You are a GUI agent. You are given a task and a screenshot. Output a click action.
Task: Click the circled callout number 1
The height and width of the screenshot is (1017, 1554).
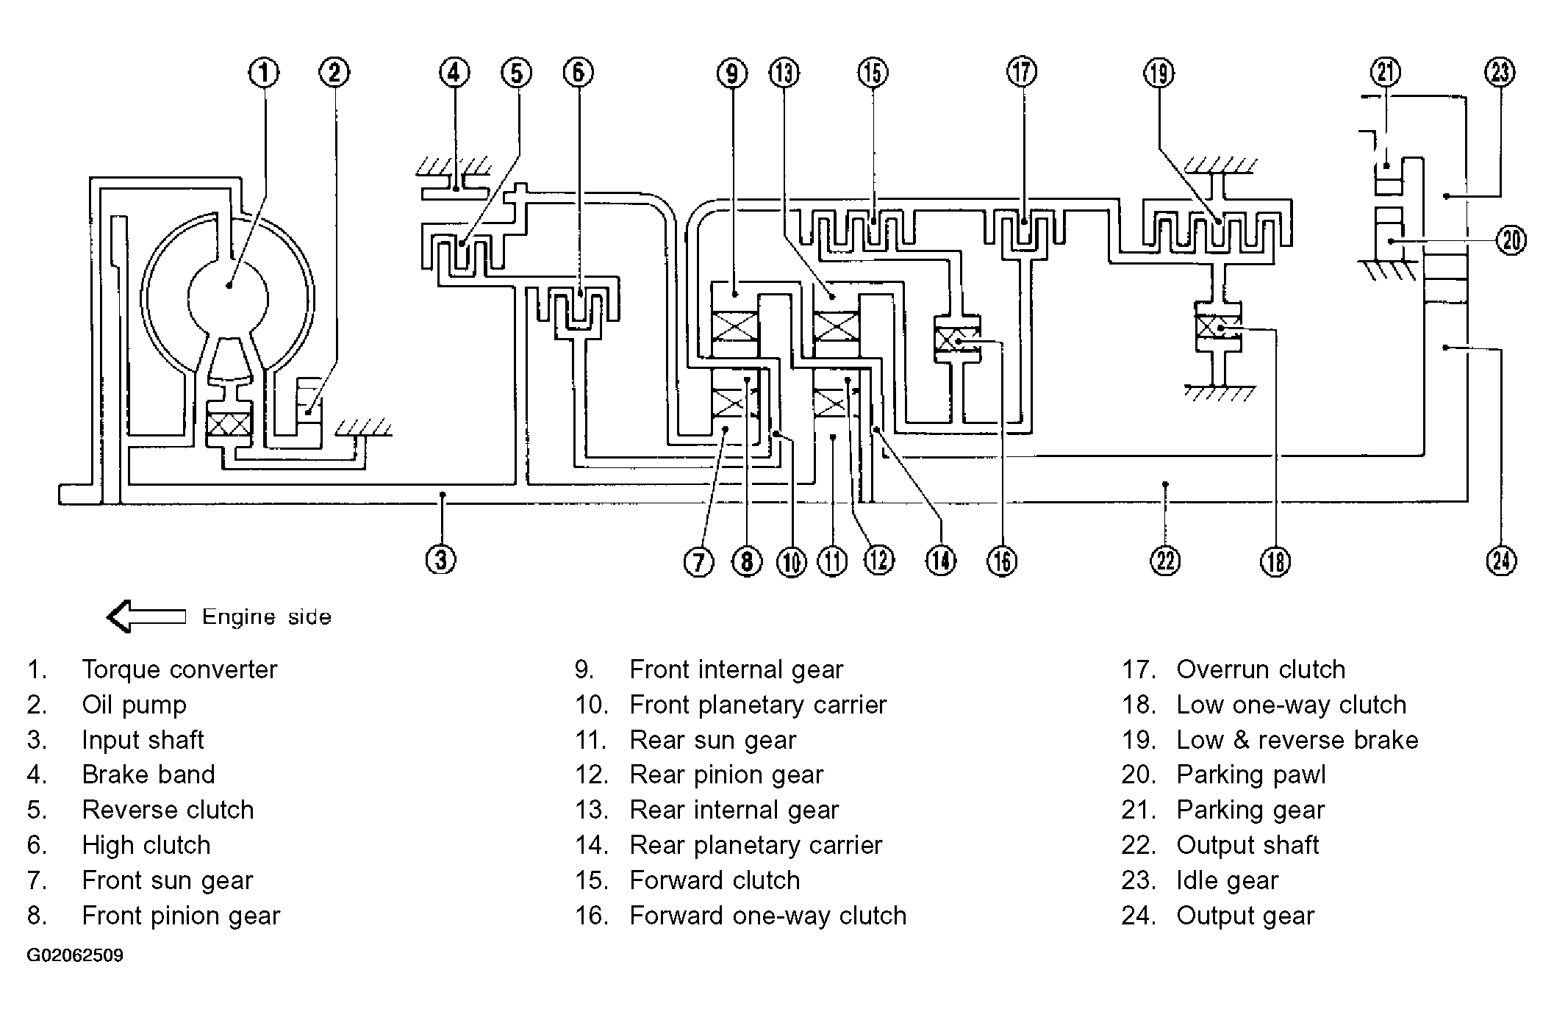pos(264,73)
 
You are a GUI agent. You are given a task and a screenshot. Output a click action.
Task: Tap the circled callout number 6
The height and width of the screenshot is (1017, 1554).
pos(579,73)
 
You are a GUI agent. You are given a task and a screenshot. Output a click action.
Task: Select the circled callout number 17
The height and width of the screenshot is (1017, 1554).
pos(1022,73)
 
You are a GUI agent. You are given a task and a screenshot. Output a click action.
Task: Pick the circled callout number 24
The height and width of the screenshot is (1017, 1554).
pos(1501,561)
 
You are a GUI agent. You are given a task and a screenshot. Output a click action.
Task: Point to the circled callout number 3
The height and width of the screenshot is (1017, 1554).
pos(440,560)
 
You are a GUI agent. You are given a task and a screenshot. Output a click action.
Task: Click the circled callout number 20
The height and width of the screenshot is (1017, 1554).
pos(1511,240)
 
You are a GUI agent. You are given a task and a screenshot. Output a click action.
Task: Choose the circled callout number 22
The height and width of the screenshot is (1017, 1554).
pos(1165,561)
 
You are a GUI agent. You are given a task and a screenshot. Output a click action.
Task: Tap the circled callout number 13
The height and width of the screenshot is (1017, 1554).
pos(784,73)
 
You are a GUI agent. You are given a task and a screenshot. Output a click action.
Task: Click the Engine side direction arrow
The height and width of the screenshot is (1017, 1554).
pos(146,617)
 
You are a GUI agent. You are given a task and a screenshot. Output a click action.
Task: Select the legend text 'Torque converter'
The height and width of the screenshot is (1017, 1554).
pos(179,669)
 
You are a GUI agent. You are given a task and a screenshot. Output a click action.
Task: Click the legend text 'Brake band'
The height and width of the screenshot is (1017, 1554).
pos(148,775)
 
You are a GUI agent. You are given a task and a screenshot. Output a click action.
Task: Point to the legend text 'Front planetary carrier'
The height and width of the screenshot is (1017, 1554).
pos(758,705)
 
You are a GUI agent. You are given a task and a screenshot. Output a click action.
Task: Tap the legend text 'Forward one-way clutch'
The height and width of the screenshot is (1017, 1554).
pos(768,916)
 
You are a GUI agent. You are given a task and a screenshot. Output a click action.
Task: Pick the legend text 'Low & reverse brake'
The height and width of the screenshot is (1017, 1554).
pos(1297,740)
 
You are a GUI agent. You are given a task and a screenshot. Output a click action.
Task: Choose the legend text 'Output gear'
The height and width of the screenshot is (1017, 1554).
pos(1245,916)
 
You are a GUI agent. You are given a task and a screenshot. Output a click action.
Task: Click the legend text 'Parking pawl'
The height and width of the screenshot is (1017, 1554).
pos(1251,775)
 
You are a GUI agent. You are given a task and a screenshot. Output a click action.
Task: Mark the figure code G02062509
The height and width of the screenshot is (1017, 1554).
pos(75,955)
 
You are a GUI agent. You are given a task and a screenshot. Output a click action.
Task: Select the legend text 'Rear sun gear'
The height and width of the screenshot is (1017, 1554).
pos(713,740)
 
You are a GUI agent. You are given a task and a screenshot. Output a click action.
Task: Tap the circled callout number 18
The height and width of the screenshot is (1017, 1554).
pos(1275,561)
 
